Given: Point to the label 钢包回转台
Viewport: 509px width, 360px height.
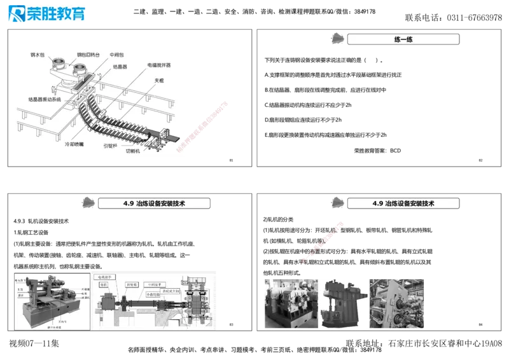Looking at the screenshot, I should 89,55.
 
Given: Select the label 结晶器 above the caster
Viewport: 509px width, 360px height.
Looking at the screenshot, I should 120,65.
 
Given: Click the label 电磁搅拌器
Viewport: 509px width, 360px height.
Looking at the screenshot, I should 158,65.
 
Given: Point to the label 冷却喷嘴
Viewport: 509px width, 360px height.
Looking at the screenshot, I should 74,144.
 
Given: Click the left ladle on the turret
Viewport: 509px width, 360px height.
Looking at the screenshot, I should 59,64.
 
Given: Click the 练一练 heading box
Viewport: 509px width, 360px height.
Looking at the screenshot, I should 403,39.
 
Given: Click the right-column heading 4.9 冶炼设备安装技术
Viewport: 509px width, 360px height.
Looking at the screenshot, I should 403,204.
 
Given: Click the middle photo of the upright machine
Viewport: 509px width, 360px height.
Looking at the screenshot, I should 342,302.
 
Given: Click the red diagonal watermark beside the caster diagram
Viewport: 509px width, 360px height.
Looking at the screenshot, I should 206,125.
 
